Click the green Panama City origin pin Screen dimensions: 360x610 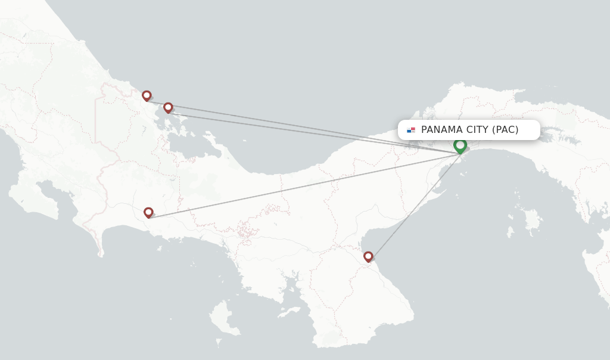click(460, 145)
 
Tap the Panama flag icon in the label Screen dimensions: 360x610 click(411, 130)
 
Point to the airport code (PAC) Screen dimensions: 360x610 click(505, 130)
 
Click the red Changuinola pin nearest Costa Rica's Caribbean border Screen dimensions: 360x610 click(147, 95)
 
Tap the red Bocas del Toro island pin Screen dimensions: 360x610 click(168, 107)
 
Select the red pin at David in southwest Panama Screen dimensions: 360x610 click(148, 212)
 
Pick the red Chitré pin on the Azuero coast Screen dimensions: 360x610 click(368, 256)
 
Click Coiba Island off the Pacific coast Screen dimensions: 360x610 click(222, 316)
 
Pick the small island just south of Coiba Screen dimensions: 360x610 click(219, 342)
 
